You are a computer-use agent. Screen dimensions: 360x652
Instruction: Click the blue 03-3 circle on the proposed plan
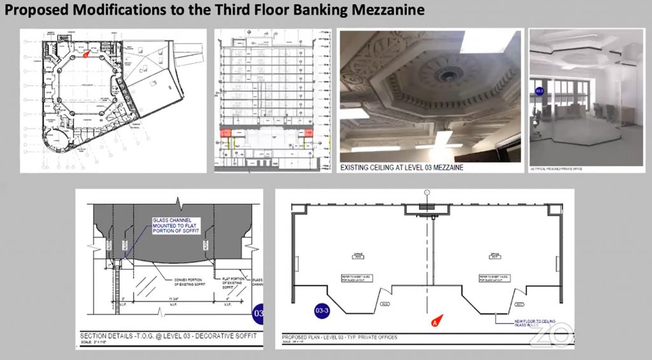pos(323,311)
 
